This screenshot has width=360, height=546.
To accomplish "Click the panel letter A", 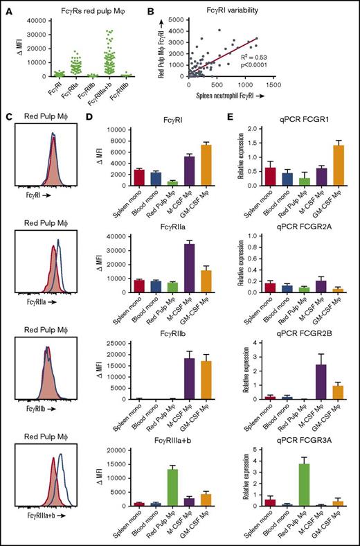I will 6,6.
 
